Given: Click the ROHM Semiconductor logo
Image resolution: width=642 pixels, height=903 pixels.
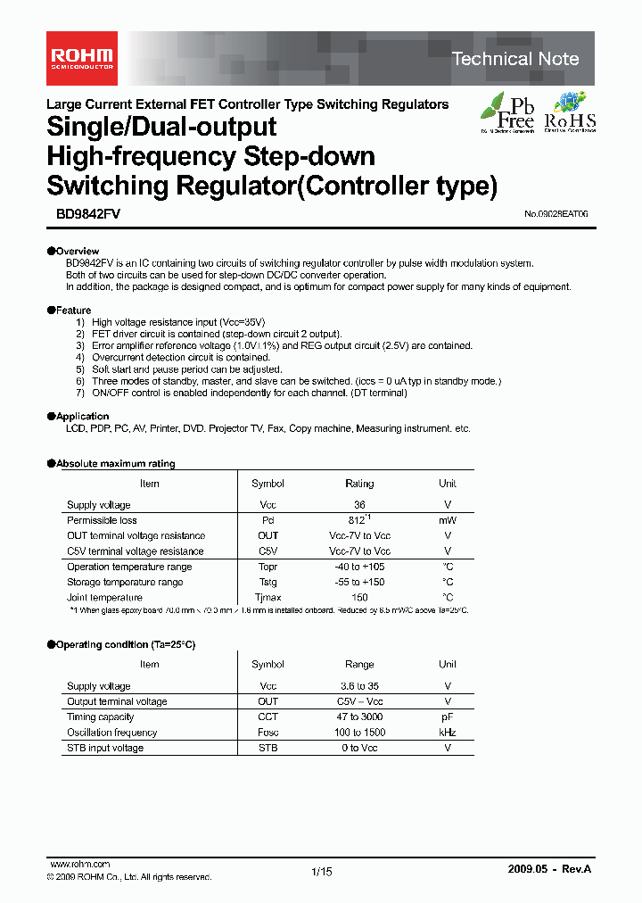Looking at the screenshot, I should click(80, 59).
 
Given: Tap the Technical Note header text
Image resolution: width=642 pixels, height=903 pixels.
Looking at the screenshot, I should click(515, 60).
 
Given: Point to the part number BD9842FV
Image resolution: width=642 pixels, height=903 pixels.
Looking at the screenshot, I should click(78, 214).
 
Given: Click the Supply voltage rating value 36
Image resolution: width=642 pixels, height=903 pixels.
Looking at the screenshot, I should click(359, 505).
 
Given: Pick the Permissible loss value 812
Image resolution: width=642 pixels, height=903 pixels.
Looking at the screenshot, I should click(358, 520).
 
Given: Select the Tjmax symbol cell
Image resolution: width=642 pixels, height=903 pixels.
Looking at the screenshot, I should click(267, 598).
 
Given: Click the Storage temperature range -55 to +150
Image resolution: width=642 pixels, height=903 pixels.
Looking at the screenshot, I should click(359, 583).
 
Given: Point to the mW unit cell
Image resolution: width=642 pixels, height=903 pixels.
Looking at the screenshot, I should click(448, 520).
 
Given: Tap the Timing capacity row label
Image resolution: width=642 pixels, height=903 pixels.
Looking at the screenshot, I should click(100, 717).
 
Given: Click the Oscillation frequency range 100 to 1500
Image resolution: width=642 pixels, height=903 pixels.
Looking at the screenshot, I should click(359, 733).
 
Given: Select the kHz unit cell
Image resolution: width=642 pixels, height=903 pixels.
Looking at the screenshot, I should click(448, 733).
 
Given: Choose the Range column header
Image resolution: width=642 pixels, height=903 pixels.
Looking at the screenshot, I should click(359, 665).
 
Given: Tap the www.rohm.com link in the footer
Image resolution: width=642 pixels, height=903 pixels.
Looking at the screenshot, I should click(80, 865).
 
